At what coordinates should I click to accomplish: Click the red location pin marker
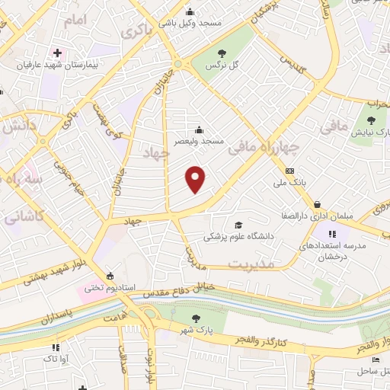(x=197, y=179)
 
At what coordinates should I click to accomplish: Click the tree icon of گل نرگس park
(x=222, y=53)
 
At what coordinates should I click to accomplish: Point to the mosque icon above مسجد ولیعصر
(x=200, y=129)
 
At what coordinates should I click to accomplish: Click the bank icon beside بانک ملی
(x=289, y=171)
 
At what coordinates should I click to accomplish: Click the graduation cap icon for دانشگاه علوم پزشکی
(x=238, y=225)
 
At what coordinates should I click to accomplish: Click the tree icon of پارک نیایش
(x=371, y=120)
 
